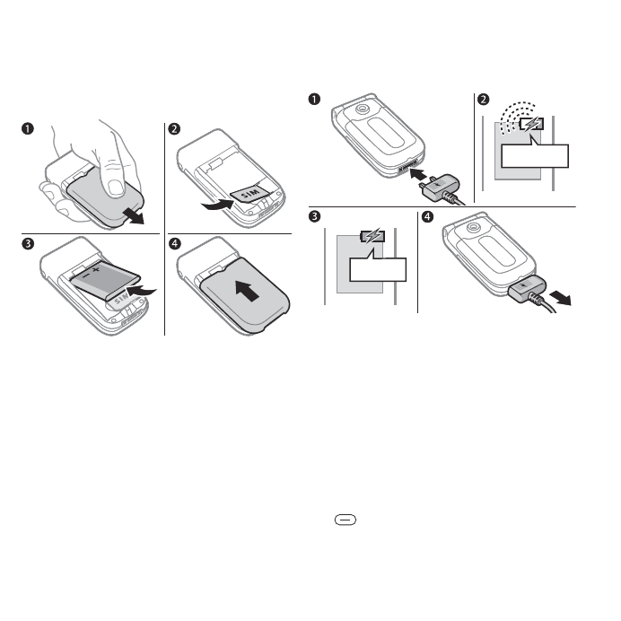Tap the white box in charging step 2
[x=535, y=157]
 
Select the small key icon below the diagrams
[x=345, y=520]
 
